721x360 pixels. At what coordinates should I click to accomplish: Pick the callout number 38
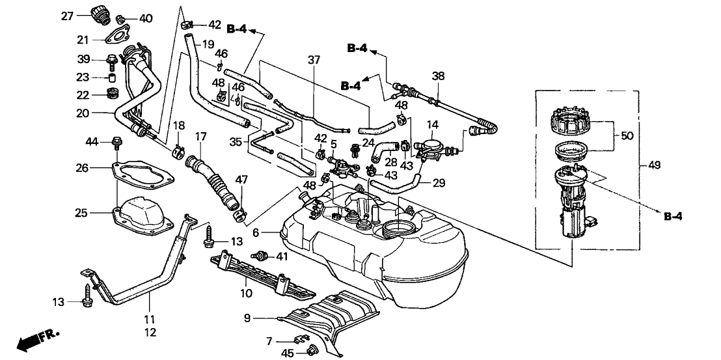point(438,76)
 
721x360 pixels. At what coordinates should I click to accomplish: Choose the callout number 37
point(315,61)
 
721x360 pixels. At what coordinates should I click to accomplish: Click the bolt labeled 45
point(308,353)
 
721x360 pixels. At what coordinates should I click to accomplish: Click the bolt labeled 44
point(118,140)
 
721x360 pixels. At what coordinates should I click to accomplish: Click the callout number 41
point(281,256)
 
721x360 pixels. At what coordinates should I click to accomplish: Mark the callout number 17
point(200,137)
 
